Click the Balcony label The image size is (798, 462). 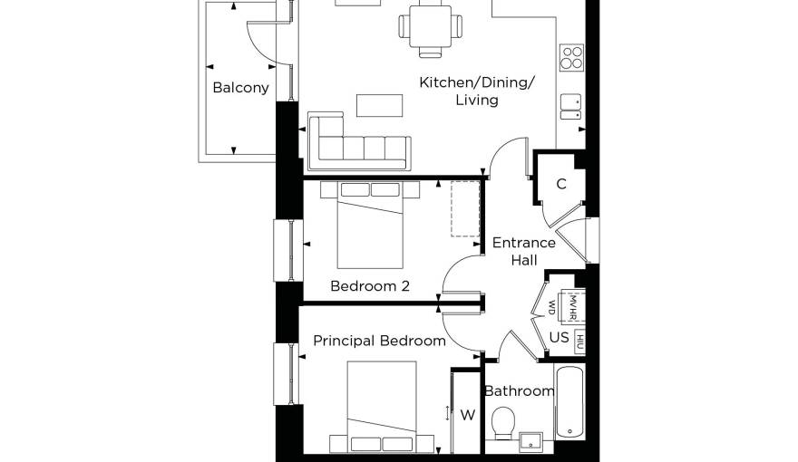240,88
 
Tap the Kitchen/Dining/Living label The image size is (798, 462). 477,91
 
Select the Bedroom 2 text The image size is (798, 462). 370,286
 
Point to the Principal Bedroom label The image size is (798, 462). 380,341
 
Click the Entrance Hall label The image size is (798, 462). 524,251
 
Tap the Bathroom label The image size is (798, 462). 519,390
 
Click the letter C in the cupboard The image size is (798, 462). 561,184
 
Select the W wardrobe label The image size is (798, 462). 468,415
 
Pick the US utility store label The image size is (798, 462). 559,338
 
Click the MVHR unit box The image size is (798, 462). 572,306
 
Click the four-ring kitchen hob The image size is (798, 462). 571,57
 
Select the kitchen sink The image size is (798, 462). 571,107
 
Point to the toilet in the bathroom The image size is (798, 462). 504,423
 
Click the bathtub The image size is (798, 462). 569,402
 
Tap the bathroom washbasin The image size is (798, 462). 530,442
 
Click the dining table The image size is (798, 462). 430,25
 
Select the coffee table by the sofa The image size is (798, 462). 379,105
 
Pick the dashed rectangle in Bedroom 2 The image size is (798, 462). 465,208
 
